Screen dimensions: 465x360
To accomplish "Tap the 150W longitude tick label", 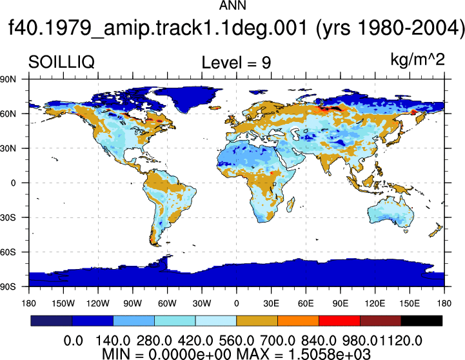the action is pos(63,303).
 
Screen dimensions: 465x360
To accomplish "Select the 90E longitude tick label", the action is pos(340,303).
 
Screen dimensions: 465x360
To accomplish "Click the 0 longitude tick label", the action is pos(236,303).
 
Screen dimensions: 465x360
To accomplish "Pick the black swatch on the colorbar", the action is pos(421,321).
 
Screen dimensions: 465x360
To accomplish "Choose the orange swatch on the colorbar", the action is pos(298,321).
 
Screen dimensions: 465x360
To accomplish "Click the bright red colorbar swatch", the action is pos(339,321).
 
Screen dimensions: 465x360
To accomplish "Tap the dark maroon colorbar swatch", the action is pos(381,321).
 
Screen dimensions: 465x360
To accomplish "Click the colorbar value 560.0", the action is pos(236,341).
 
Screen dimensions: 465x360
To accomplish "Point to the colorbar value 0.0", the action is pos(74,341).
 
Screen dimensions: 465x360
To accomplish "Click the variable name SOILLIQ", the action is pos(61,63).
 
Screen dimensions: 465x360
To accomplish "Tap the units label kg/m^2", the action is pos(417,59).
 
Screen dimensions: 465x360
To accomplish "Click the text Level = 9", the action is pos(236,63).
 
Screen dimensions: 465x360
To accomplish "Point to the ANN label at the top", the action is pos(232,5).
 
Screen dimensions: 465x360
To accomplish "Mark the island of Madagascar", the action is pos(291,205).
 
